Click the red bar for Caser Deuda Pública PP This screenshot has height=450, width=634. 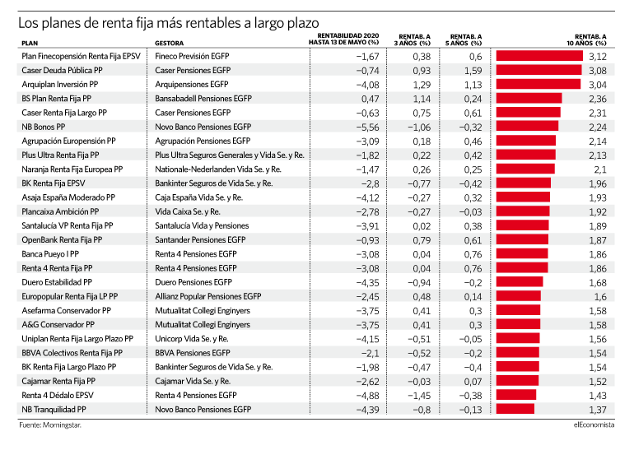[539, 70]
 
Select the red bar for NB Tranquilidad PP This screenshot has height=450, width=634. [515, 409]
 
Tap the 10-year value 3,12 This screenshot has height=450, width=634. [598, 57]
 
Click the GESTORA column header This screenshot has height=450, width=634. [169, 44]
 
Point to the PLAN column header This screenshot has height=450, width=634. [30, 44]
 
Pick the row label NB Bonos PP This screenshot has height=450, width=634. [44, 127]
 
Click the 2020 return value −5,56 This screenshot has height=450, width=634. [367, 128]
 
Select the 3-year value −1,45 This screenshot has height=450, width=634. [419, 396]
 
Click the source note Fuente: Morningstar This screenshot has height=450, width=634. [50, 425]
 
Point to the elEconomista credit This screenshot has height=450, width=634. [594, 424]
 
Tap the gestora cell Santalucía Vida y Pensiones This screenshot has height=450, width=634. [202, 225]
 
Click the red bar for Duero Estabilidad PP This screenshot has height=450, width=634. [520, 282]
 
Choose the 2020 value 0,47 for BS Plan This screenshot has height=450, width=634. [371, 99]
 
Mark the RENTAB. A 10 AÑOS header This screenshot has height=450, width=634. [586, 40]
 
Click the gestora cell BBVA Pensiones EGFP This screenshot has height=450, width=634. [193, 353]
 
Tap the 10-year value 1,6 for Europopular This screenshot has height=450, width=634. [600, 297]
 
